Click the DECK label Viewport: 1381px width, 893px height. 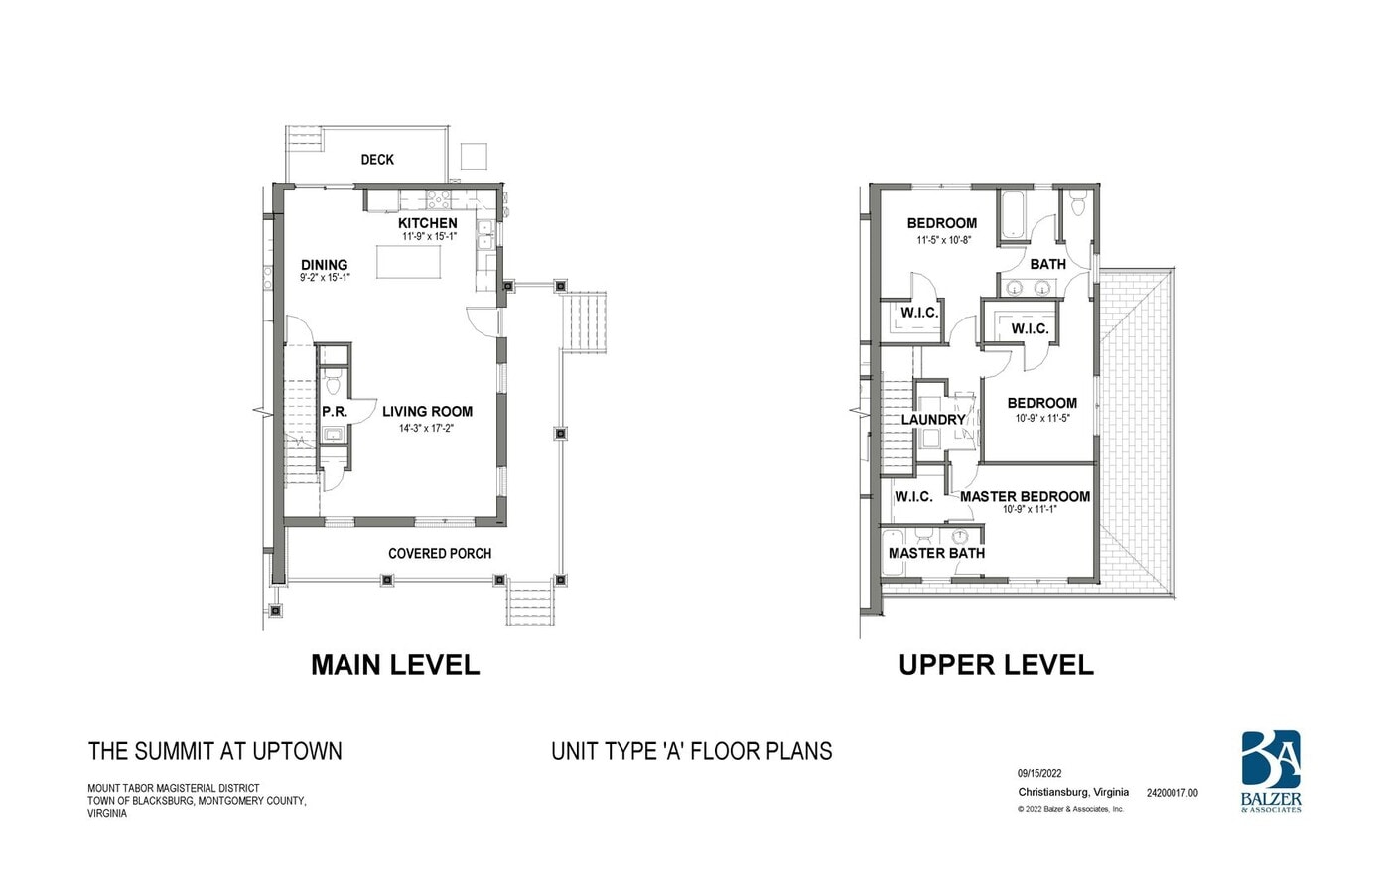click(377, 159)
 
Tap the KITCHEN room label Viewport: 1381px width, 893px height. click(428, 223)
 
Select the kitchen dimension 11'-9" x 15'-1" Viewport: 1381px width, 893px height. click(429, 237)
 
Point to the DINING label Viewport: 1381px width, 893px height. click(325, 265)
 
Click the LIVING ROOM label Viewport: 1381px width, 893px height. click(427, 411)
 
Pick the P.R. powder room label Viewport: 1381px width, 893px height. click(335, 411)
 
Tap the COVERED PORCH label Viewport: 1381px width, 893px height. click(440, 553)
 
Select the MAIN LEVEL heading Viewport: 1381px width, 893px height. click(395, 665)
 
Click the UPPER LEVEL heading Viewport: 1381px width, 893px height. click(996, 665)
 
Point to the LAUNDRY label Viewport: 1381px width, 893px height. click(933, 420)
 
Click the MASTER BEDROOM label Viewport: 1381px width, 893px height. click(1025, 496)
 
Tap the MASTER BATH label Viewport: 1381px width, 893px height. click(936, 553)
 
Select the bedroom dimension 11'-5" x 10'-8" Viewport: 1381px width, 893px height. click(943, 240)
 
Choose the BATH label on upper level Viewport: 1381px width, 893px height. click(1047, 264)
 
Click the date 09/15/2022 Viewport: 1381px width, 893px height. click(1039, 774)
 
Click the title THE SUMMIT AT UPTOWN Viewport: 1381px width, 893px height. click(215, 751)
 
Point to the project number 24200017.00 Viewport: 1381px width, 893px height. click(1172, 793)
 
